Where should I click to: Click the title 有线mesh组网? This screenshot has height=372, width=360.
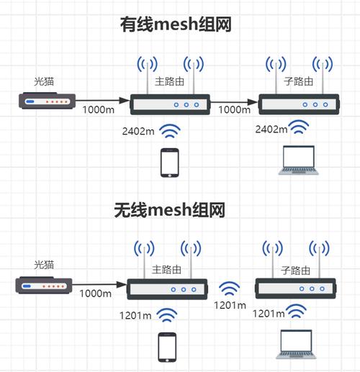[179, 24]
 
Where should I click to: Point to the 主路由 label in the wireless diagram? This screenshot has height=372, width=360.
[168, 271]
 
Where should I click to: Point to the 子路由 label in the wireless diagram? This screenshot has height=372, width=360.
[296, 271]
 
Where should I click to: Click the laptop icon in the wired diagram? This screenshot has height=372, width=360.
[299, 160]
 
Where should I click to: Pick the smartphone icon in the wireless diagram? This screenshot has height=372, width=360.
[168, 348]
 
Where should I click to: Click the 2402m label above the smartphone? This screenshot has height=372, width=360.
[139, 131]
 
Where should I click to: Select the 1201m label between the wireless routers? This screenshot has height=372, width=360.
[230, 305]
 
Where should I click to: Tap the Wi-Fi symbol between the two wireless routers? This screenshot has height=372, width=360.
[231, 289]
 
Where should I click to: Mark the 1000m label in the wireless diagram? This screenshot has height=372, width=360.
[95, 294]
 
